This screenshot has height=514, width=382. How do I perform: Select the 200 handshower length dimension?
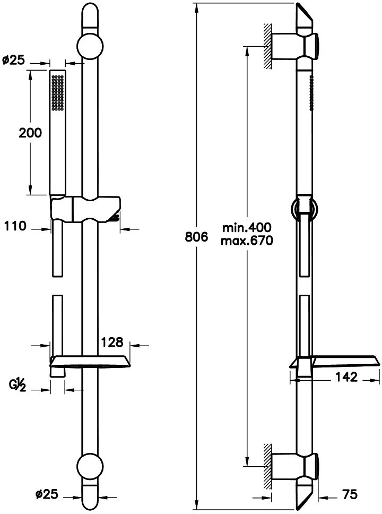[30, 134]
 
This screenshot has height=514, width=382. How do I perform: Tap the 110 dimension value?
[15, 226]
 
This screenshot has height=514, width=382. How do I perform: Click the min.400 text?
[247, 227]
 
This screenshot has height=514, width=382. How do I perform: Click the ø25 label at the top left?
[14, 60]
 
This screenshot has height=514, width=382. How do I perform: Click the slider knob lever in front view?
[114, 217]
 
